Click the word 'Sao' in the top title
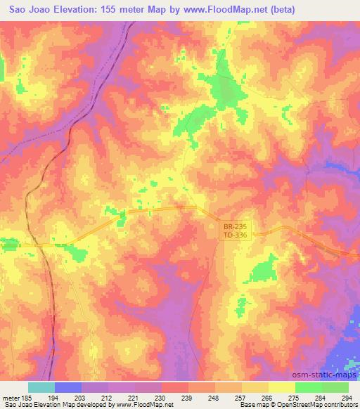[x=15, y=10]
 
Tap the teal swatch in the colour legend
[x=41, y=388]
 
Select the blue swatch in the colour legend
[x=68, y=388]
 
